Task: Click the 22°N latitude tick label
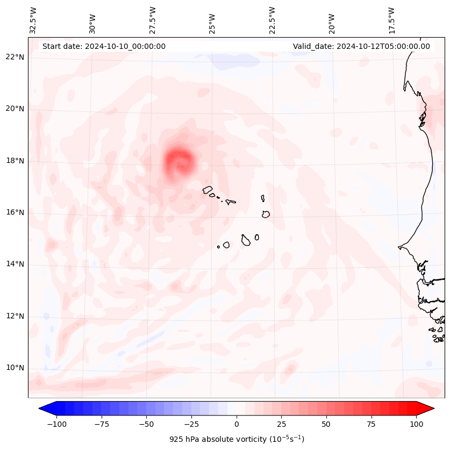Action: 15,57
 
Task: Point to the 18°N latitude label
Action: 15,161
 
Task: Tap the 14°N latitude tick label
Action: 15,264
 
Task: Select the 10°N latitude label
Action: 15,368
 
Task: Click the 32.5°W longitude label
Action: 33,20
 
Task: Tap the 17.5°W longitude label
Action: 391,20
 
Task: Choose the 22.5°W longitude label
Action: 272,20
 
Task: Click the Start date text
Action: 104,46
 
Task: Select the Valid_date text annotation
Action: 361,46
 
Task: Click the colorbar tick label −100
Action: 56,424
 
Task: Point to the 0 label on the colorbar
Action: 236,424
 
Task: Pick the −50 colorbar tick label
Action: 146,424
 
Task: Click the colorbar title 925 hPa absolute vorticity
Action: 237,439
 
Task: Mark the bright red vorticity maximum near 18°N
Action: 179,161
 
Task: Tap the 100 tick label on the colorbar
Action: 416,424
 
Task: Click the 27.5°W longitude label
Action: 153,20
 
